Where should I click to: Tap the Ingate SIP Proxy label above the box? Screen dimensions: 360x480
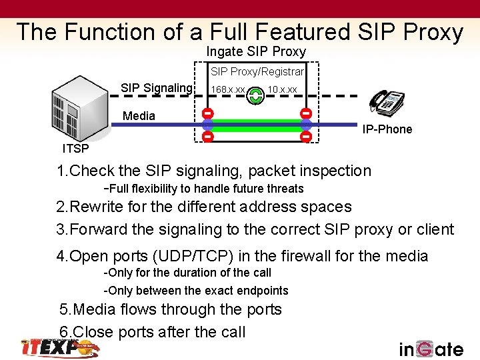(x=256, y=51)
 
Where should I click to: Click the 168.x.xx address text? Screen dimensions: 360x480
(x=227, y=90)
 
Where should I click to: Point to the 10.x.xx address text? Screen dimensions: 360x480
(x=282, y=90)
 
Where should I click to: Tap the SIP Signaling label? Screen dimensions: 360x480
(x=156, y=88)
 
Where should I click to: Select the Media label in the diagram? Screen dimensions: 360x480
(x=139, y=116)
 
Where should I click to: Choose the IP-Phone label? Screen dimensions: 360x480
(x=387, y=129)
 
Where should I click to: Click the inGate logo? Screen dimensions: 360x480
(x=431, y=349)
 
